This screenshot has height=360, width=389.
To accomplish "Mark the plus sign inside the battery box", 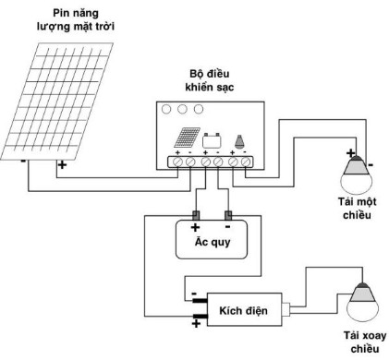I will click(195, 225).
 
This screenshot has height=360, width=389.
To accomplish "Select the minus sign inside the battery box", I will click(229, 225).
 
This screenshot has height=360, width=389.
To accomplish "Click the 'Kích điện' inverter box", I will click(242, 311).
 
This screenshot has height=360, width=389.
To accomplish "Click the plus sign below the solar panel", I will click(62, 167).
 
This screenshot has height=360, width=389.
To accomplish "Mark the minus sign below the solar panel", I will click(21, 159).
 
